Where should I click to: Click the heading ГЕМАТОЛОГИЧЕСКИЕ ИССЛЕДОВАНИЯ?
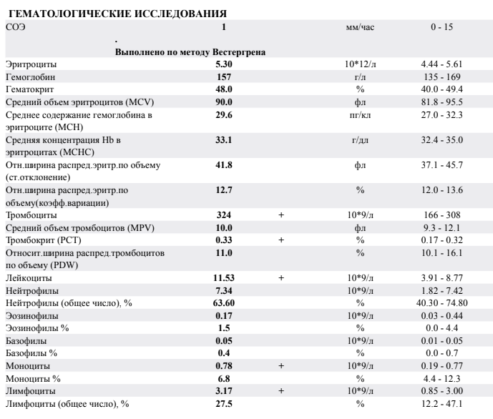[x=117, y=14]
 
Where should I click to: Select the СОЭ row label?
[x=16, y=27]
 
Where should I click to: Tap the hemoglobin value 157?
[x=223, y=77]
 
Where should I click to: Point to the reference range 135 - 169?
[x=441, y=77]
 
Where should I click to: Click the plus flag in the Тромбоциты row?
[x=281, y=215]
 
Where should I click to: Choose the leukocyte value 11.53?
[x=223, y=278]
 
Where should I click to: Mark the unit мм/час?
[x=360, y=27]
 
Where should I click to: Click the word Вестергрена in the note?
[x=239, y=51]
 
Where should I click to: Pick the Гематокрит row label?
[x=29, y=89]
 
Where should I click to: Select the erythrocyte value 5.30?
[x=223, y=64]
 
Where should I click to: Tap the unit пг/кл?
[x=360, y=115]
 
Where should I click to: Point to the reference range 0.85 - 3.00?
[x=441, y=391]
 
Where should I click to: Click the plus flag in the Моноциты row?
[x=281, y=366]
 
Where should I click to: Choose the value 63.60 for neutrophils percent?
[x=223, y=303]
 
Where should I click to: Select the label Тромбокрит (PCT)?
[x=44, y=240]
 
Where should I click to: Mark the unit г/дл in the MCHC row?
[x=360, y=140]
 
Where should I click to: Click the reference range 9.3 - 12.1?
[x=441, y=227]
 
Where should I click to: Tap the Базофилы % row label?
[x=31, y=353]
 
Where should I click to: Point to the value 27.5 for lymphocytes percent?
[x=223, y=403]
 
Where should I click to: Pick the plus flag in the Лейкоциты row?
[x=281, y=278]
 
